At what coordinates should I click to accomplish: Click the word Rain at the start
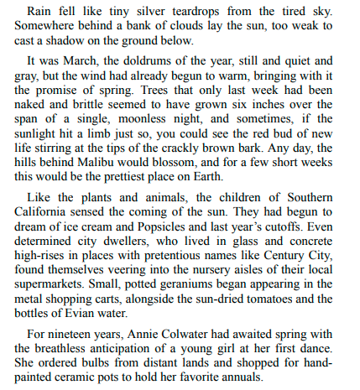[x=42, y=11]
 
